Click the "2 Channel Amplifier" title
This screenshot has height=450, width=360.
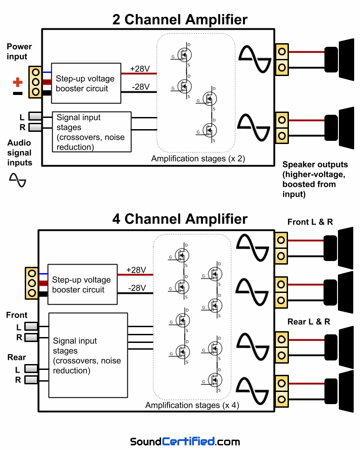[x=180, y=19]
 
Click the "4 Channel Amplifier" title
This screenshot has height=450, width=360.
[x=180, y=219]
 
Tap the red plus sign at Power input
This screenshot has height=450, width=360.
[x=18, y=82]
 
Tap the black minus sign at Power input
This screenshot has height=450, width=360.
[x=18, y=93]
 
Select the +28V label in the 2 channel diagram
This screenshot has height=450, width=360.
[x=140, y=69]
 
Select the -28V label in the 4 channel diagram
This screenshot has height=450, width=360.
[x=137, y=288]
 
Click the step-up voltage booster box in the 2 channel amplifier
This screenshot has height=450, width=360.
[x=86, y=84]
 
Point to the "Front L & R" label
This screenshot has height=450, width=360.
[x=310, y=222]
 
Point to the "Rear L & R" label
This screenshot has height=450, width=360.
[x=309, y=322]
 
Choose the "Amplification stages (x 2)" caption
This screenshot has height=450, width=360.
[x=198, y=158]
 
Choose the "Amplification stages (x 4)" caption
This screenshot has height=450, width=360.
[x=192, y=405]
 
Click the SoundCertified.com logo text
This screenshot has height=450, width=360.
[x=185, y=441]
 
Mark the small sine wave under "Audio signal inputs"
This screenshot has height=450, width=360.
[x=18, y=180]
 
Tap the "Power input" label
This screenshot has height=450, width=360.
[x=19, y=52]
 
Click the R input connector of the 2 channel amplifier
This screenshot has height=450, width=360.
[x=35, y=128]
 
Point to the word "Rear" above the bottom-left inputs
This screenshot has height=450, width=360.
[x=17, y=358]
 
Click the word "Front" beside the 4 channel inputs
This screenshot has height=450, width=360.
[x=17, y=315]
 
